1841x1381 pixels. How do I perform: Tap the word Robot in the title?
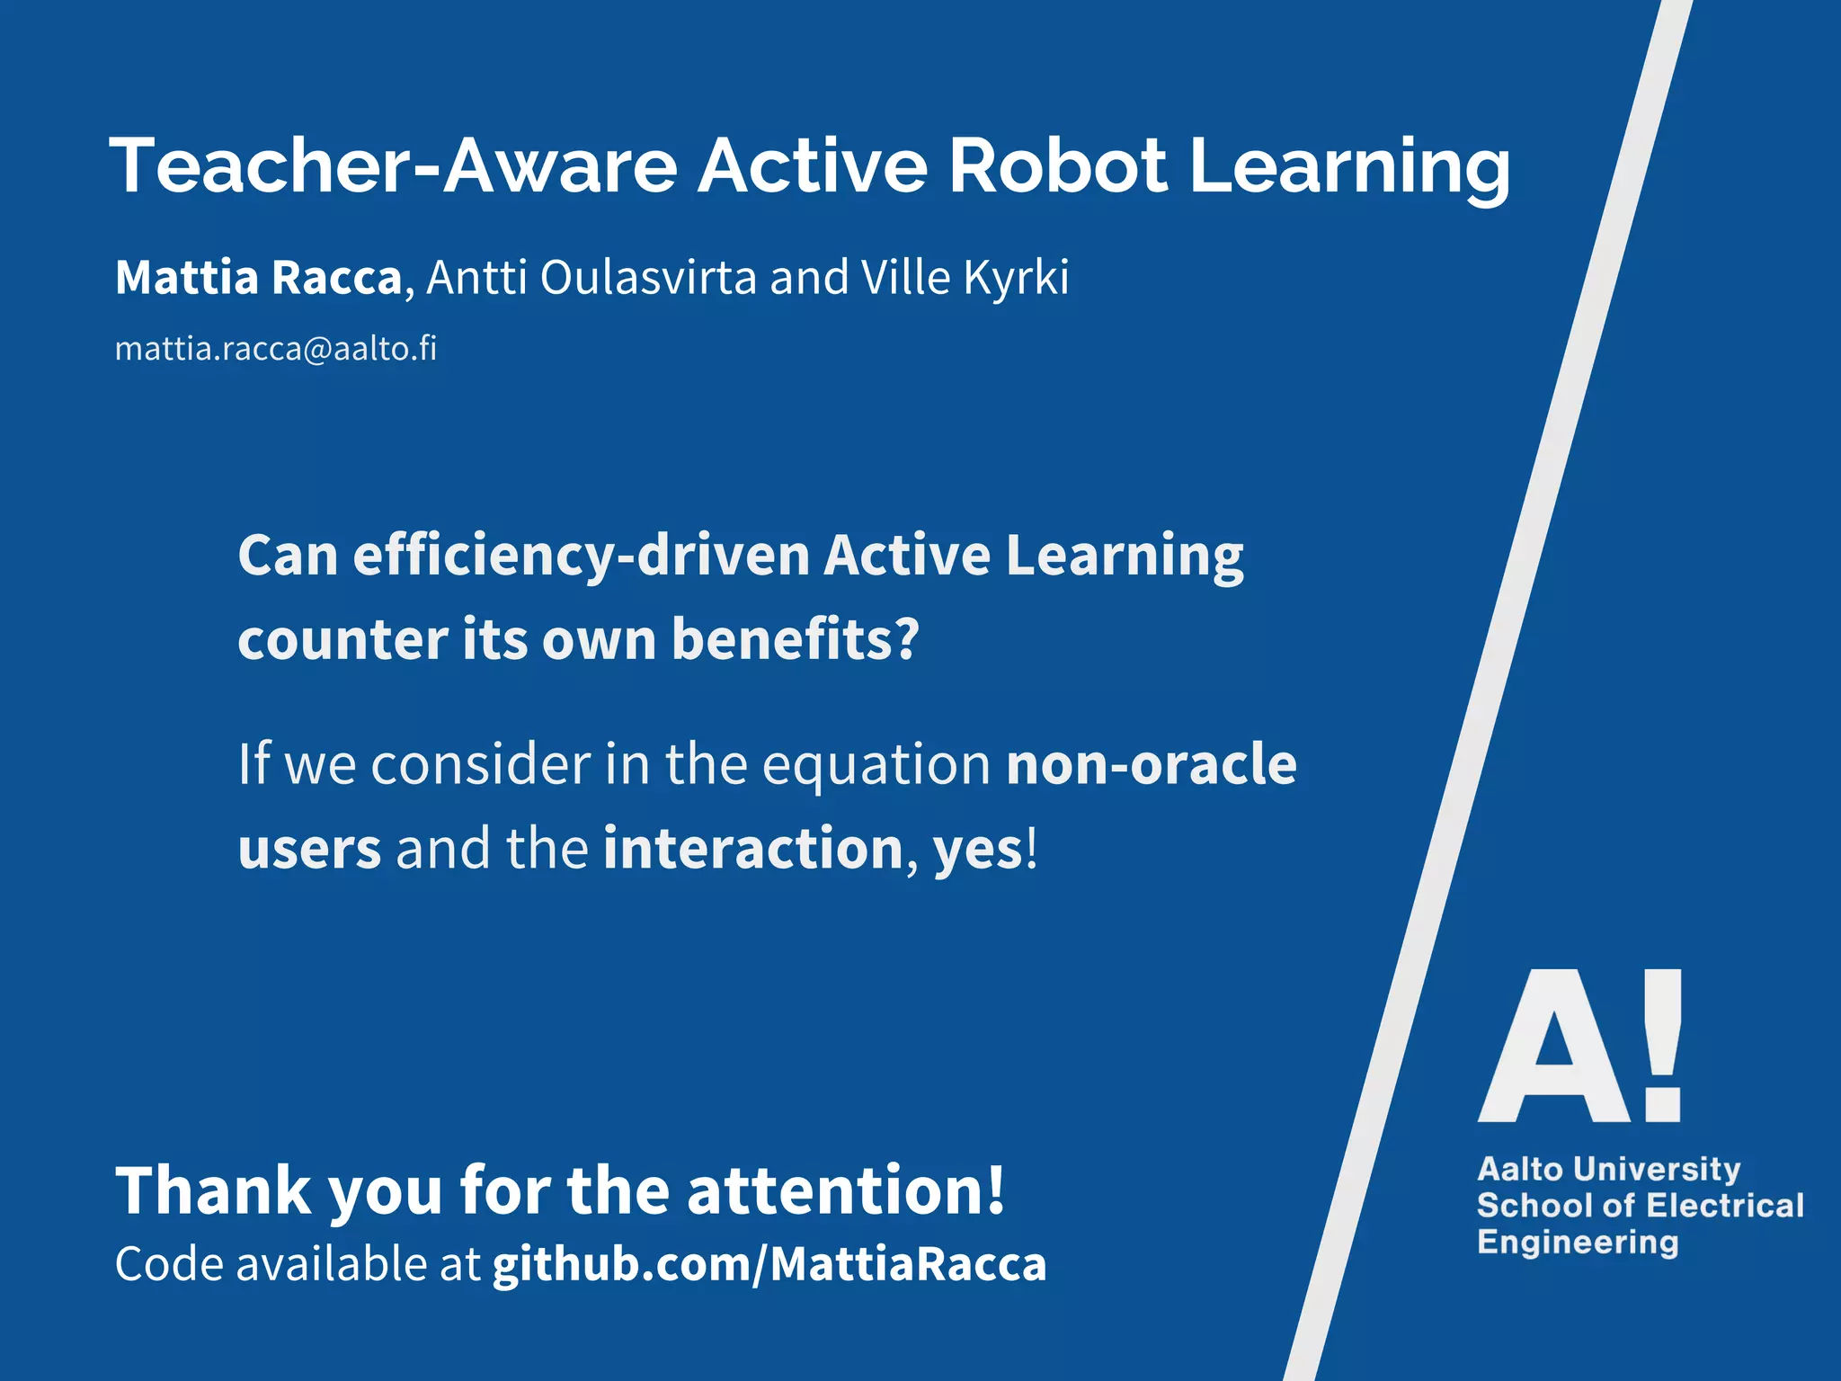pyautogui.click(x=1058, y=166)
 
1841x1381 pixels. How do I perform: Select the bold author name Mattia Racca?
pyautogui.click(x=258, y=277)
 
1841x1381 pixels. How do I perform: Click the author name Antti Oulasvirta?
pyautogui.click(x=591, y=277)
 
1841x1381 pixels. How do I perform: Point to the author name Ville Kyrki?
pyautogui.click(x=965, y=277)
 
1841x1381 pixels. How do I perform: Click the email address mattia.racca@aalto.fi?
pyautogui.click(x=276, y=349)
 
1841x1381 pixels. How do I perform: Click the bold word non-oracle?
pyautogui.click(x=1152, y=764)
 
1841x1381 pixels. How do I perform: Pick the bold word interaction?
pyautogui.click(x=753, y=849)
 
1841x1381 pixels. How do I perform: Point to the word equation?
pyautogui.click(x=876, y=766)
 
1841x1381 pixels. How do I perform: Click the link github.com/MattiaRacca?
pyautogui.click(x=769, y=1264)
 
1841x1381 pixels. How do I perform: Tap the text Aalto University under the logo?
pyautogui.click(x=1609, y=1169)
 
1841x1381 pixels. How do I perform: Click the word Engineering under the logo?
pyautogui.click(x=1578, y=1243)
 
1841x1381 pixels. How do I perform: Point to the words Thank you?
pyautogui.click(x=279, y=1190)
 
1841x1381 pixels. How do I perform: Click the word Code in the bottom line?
pyautogui.click(x=169, y=1264)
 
